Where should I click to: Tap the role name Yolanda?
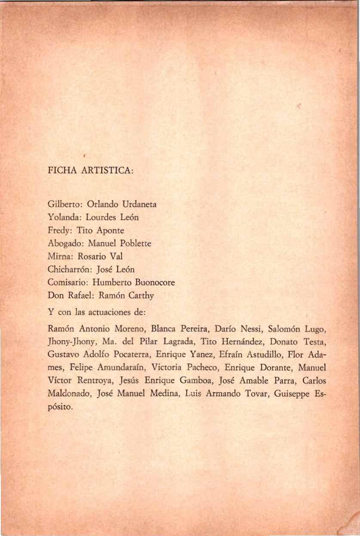[63, 217]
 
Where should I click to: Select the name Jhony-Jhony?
[70, 343]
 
